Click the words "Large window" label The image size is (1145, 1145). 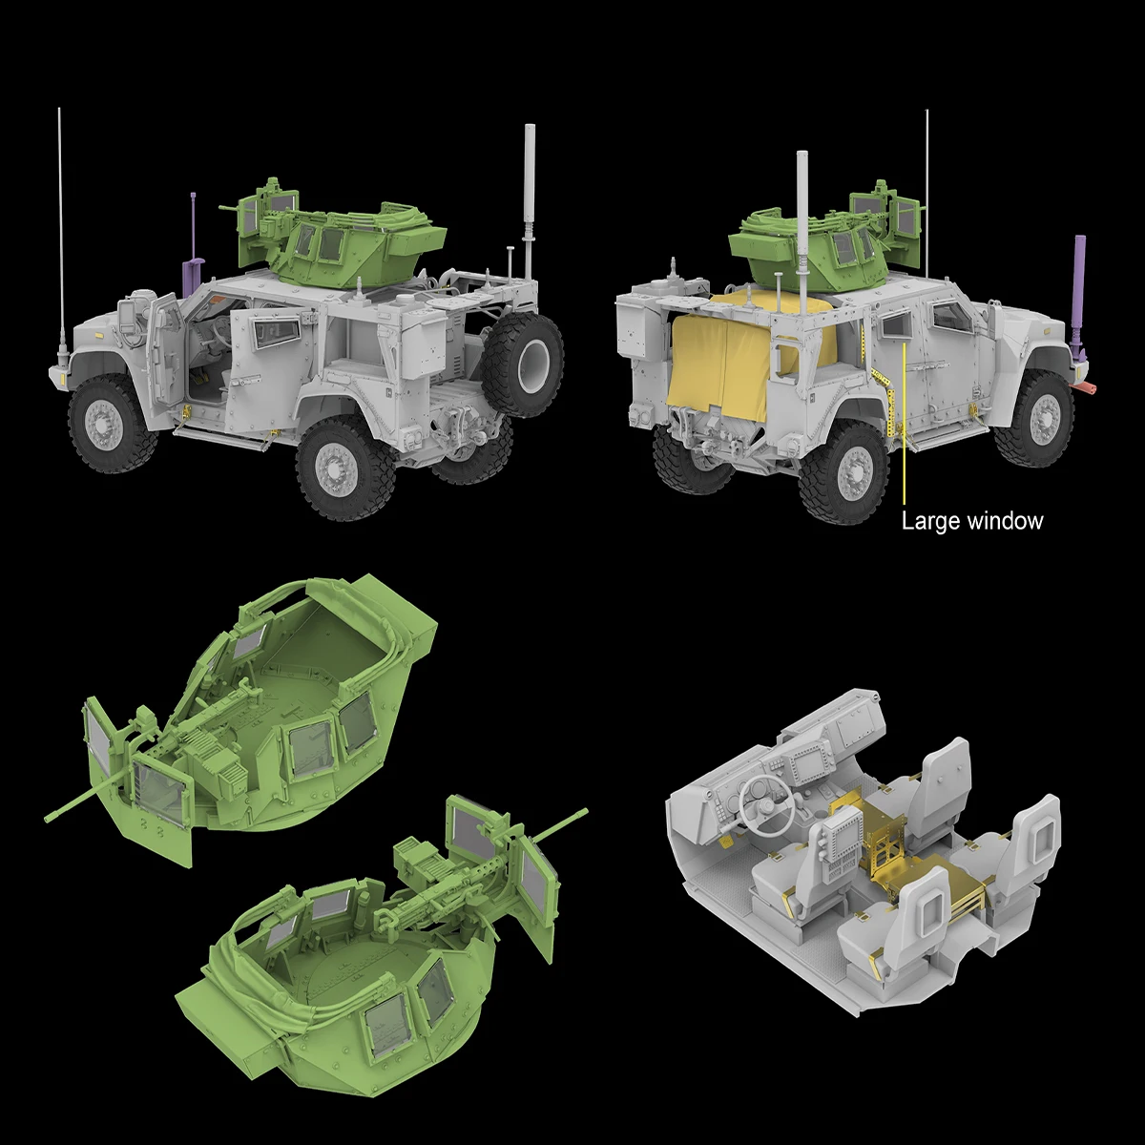pos(972,521)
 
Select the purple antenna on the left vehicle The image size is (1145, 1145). pos(194,248)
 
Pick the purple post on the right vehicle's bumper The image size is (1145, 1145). pos(1081,296)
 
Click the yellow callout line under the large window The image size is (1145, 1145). pos(904,429)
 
